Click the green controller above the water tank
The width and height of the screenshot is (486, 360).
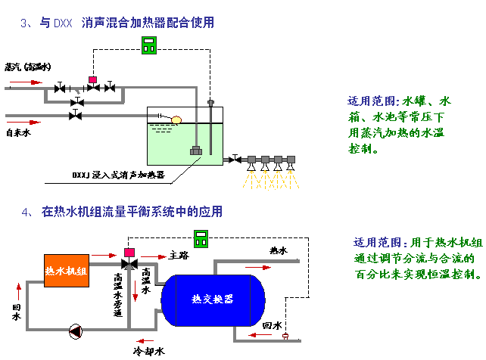151,45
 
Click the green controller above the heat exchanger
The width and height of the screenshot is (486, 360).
201,238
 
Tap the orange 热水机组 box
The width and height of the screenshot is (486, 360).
67,270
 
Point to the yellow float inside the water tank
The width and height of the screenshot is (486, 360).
176,119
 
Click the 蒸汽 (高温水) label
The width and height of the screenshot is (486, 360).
27,67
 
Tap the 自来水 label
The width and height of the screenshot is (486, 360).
18,133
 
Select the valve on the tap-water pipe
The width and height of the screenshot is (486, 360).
76,116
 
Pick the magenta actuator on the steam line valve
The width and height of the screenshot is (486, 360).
93,79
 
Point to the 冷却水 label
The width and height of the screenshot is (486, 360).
148,351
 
